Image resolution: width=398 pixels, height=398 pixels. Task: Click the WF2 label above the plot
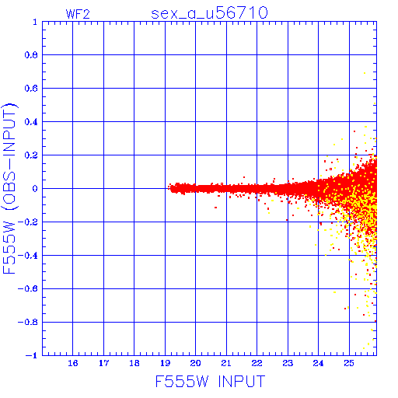point(78,14)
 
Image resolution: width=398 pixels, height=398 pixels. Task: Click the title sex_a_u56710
point(209,13)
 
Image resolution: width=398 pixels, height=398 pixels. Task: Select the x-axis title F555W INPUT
point(210,381)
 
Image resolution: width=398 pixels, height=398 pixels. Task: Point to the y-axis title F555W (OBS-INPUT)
point(9,189)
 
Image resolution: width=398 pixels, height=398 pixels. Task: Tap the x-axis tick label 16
point(73,363)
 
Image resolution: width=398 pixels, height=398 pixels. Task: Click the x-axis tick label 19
point(166,363)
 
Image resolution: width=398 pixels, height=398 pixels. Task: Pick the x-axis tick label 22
point(257,363)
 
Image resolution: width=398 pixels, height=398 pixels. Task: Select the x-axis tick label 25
point(349,363)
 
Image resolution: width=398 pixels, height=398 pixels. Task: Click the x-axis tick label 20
point(195,363)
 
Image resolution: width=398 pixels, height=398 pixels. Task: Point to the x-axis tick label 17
point(103,363)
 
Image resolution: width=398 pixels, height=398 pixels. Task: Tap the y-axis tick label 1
point(35,22)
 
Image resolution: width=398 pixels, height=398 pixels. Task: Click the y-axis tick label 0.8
point(31,55)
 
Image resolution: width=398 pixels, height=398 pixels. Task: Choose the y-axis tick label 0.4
point(31,122)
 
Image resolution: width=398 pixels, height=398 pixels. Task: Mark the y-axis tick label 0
point(35,189)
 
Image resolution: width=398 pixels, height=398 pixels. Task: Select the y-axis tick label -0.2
point(28,222)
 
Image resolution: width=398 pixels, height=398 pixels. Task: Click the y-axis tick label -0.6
point(28,288)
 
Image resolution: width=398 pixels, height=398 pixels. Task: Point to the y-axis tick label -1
point(32,355)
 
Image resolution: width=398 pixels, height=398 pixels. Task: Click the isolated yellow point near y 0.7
point(365,73)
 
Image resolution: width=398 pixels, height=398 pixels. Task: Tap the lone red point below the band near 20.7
point(215,208)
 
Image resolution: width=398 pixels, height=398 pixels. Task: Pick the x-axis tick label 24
point(318,363)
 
